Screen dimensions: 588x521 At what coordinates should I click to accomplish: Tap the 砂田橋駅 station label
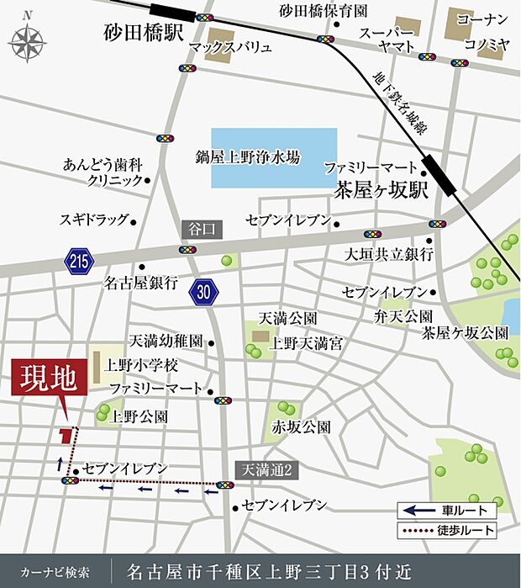143,34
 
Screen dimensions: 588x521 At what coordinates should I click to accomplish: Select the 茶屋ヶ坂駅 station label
382,188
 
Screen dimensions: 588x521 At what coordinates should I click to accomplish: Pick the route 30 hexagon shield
204,290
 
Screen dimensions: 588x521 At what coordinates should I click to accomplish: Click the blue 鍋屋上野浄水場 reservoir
273,157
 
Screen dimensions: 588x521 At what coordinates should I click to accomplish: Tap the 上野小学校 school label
142,366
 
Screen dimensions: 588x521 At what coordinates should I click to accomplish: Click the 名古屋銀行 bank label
141,283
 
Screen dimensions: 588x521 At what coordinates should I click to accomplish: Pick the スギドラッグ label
94,220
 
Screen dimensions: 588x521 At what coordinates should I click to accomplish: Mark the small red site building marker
65,435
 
